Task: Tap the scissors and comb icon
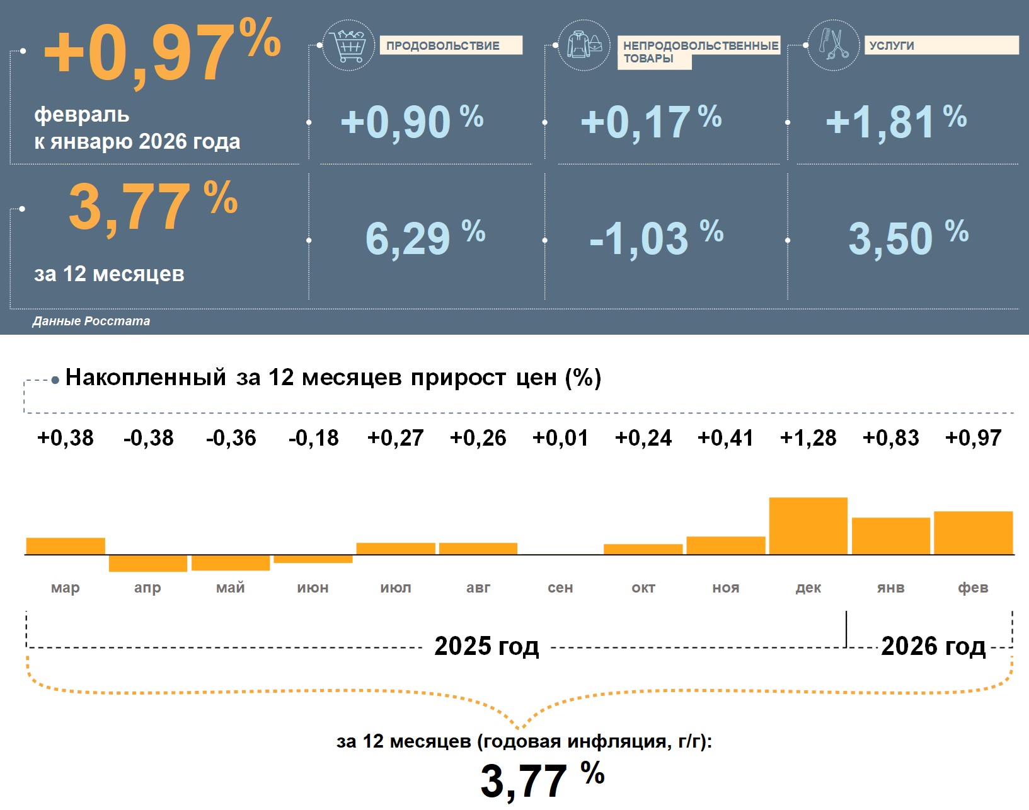click(x=834, y=45)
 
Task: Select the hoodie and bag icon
click(x=584, y=45)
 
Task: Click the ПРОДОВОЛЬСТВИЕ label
click(x=443, y=45)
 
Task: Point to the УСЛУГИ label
click(x=891, y=45)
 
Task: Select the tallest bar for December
click(x=808, y=526)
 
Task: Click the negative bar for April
click(x=147, y=563)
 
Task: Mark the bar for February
click(x=973, y=533)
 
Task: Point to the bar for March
click(x=66, y=546)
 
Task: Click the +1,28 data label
click(x=808, y=437)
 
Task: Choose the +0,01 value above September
click(x=560, y=437)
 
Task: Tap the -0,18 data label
click(x=313, y=437)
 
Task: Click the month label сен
click(x=560, y=587)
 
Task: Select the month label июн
click(x=313, y=587)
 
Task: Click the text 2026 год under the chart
click(x=933, y=646)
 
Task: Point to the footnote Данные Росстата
click(x=91, y=321)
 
